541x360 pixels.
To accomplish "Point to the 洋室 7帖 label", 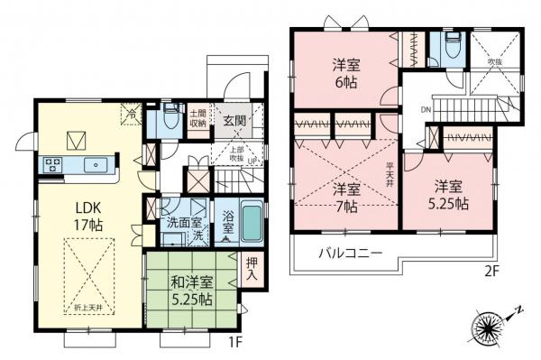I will coord(346,198).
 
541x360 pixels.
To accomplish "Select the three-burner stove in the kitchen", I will coord(50,165).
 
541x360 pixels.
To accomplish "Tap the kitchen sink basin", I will coord(94,165).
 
